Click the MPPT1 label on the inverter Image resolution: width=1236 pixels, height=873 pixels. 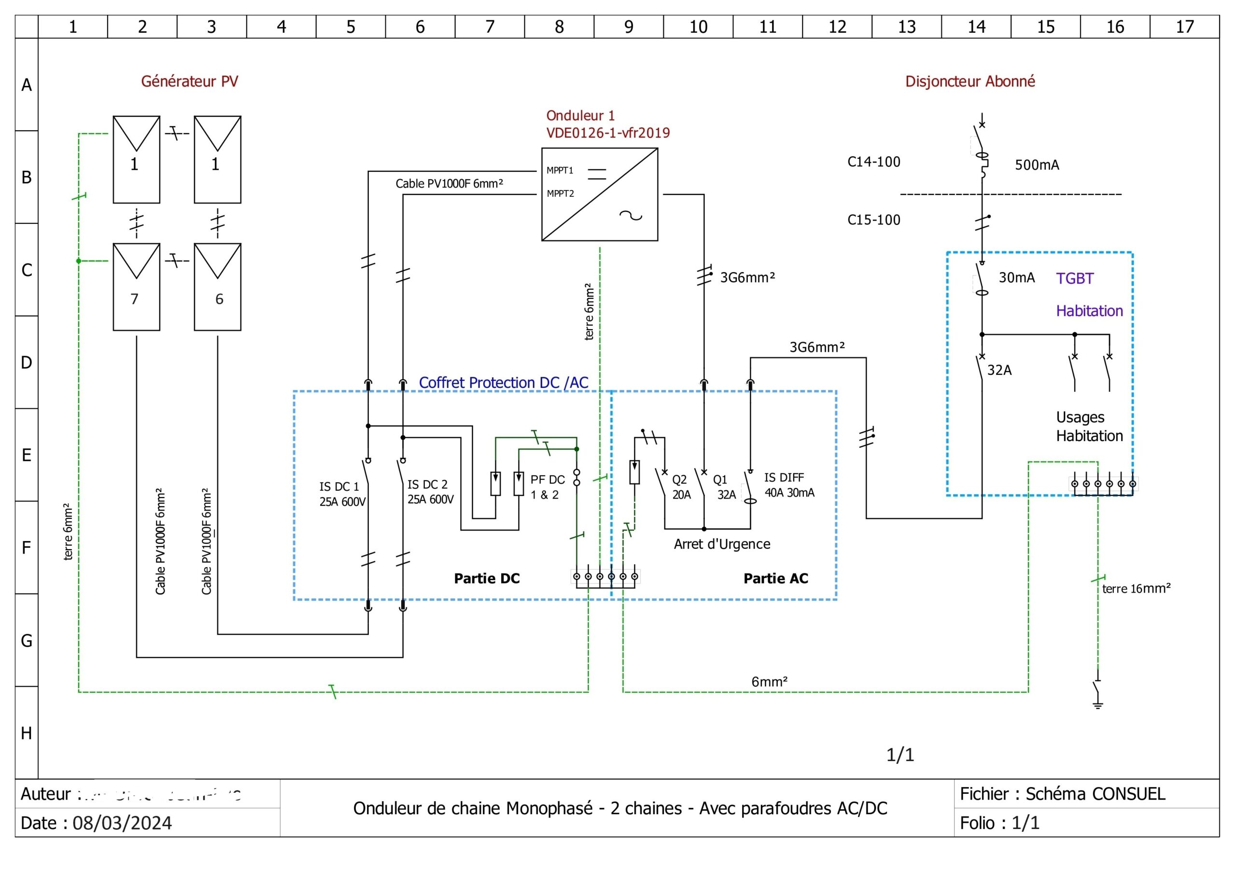560,171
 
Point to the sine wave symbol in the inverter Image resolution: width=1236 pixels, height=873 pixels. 631,216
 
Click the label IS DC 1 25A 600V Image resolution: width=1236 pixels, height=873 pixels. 342,494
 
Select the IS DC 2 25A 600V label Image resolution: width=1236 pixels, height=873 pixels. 430,492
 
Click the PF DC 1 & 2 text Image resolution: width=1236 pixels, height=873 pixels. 547,487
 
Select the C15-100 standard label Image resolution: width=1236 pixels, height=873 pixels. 873,220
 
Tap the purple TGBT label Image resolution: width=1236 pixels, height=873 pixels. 1075,279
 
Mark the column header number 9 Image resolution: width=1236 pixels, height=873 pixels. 628,27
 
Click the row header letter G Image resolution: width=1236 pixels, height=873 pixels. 27,640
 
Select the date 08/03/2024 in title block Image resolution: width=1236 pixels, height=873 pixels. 122,823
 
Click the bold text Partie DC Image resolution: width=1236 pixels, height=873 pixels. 487,579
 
